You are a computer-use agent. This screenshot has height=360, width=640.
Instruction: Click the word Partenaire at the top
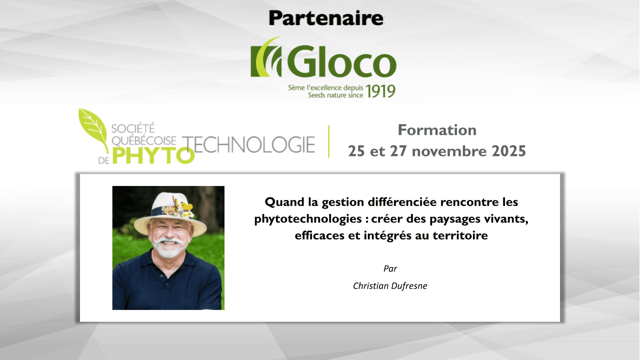(326, 18)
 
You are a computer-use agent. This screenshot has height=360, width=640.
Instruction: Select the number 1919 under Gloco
(380, 90)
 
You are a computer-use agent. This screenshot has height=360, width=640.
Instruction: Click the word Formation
(437, 130)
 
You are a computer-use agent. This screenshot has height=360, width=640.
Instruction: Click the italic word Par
(390, 268)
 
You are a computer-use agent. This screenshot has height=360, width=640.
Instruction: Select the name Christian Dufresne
(390, 286)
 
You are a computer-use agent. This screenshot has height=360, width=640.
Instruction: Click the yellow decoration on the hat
(186, 206)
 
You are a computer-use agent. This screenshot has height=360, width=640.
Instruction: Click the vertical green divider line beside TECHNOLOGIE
(328, 141)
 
